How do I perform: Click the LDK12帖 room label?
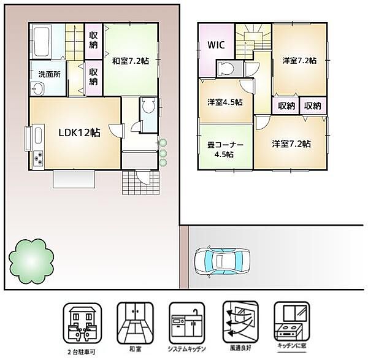coord(79,133)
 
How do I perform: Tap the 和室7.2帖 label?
coord(130,61)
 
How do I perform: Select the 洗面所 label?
coord(50,75)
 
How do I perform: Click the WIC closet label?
coord(216,45)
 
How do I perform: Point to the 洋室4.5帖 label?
coord(225,102)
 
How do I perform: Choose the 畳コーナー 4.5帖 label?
coord(225,149)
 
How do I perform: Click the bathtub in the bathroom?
coord(41,41)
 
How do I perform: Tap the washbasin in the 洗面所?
coord(37,89)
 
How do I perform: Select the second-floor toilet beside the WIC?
coord(226,69)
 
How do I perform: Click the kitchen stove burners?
coord(38,158)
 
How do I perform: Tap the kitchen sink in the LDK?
coord(38,135)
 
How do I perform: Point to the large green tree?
coord(31,261)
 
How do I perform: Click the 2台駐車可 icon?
coord(82,323)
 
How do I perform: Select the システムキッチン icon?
coord(187,323)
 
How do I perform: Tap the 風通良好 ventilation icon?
coord(240,323)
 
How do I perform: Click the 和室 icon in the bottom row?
coord(135,323)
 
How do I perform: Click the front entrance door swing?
coord(143,178)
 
